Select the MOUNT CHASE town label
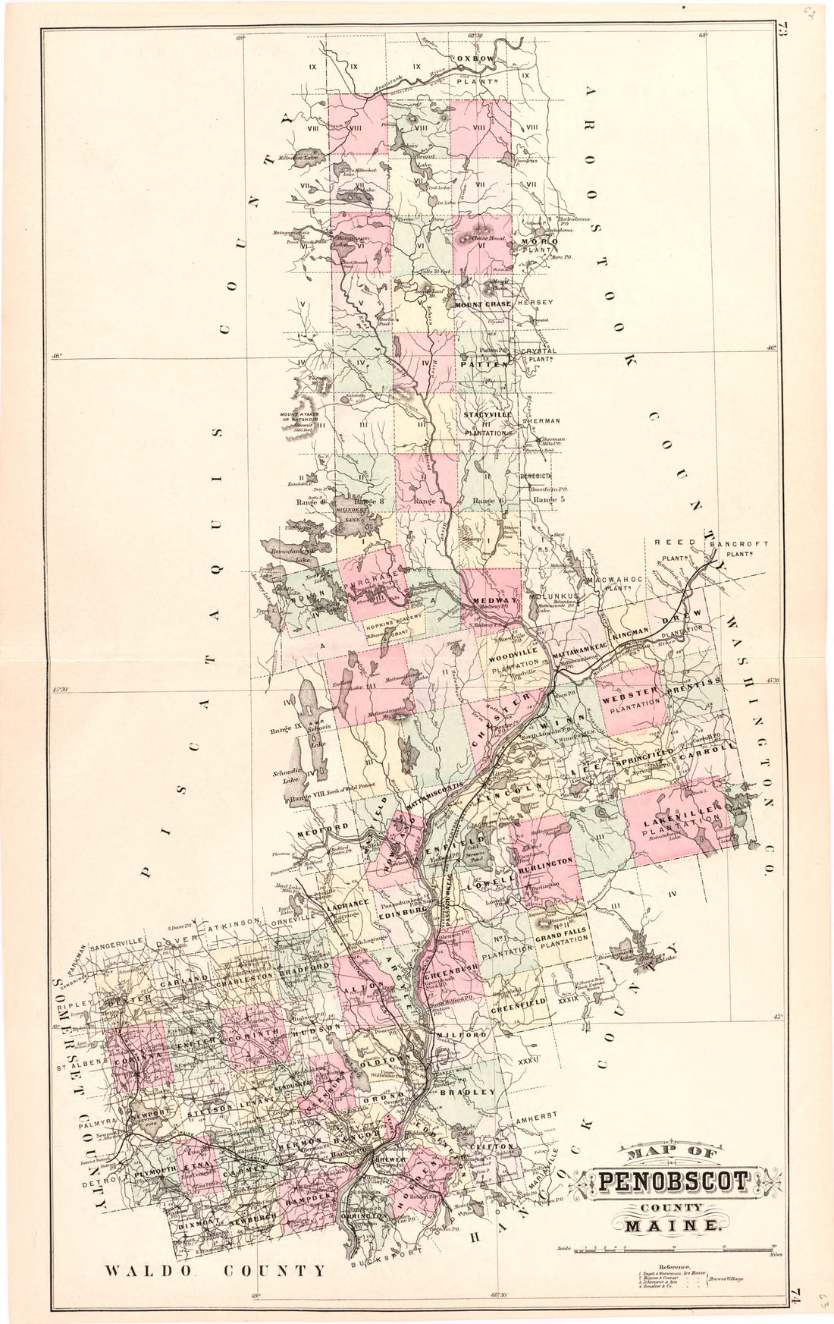click(x=484, y=304)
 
